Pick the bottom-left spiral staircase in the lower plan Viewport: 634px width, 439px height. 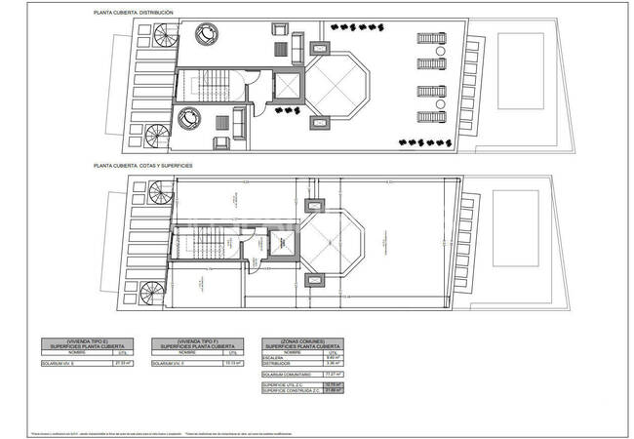click(156, 293)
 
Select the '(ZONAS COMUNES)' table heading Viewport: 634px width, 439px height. click(302, 340)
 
